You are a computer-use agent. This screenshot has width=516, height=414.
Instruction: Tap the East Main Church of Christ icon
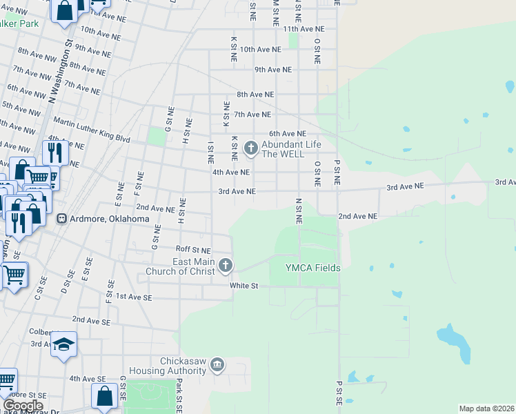pos(226,266)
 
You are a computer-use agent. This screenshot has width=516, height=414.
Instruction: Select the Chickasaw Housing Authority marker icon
pos(217,364)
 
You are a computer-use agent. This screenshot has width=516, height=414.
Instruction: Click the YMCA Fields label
pos(313,268)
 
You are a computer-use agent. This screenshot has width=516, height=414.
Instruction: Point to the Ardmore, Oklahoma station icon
pos(61,219)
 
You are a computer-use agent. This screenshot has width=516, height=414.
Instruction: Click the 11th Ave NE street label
pos(304,29)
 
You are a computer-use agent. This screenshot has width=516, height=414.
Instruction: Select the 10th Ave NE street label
pos(260,50)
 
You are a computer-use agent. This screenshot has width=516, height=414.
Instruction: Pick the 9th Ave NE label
pos(273,70)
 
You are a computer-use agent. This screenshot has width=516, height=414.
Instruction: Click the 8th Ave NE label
pos(255,94)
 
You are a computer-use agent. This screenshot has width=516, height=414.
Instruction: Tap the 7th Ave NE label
pos(252,114)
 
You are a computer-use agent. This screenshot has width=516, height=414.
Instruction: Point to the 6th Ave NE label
pos(288,133)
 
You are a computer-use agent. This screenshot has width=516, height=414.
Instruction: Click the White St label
pos(244,285)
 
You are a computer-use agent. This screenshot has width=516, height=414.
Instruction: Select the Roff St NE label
pos(193,249)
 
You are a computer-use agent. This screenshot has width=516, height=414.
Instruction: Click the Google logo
pos(23,406)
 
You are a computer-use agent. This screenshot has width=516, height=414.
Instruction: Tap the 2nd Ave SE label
pos(90,321)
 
